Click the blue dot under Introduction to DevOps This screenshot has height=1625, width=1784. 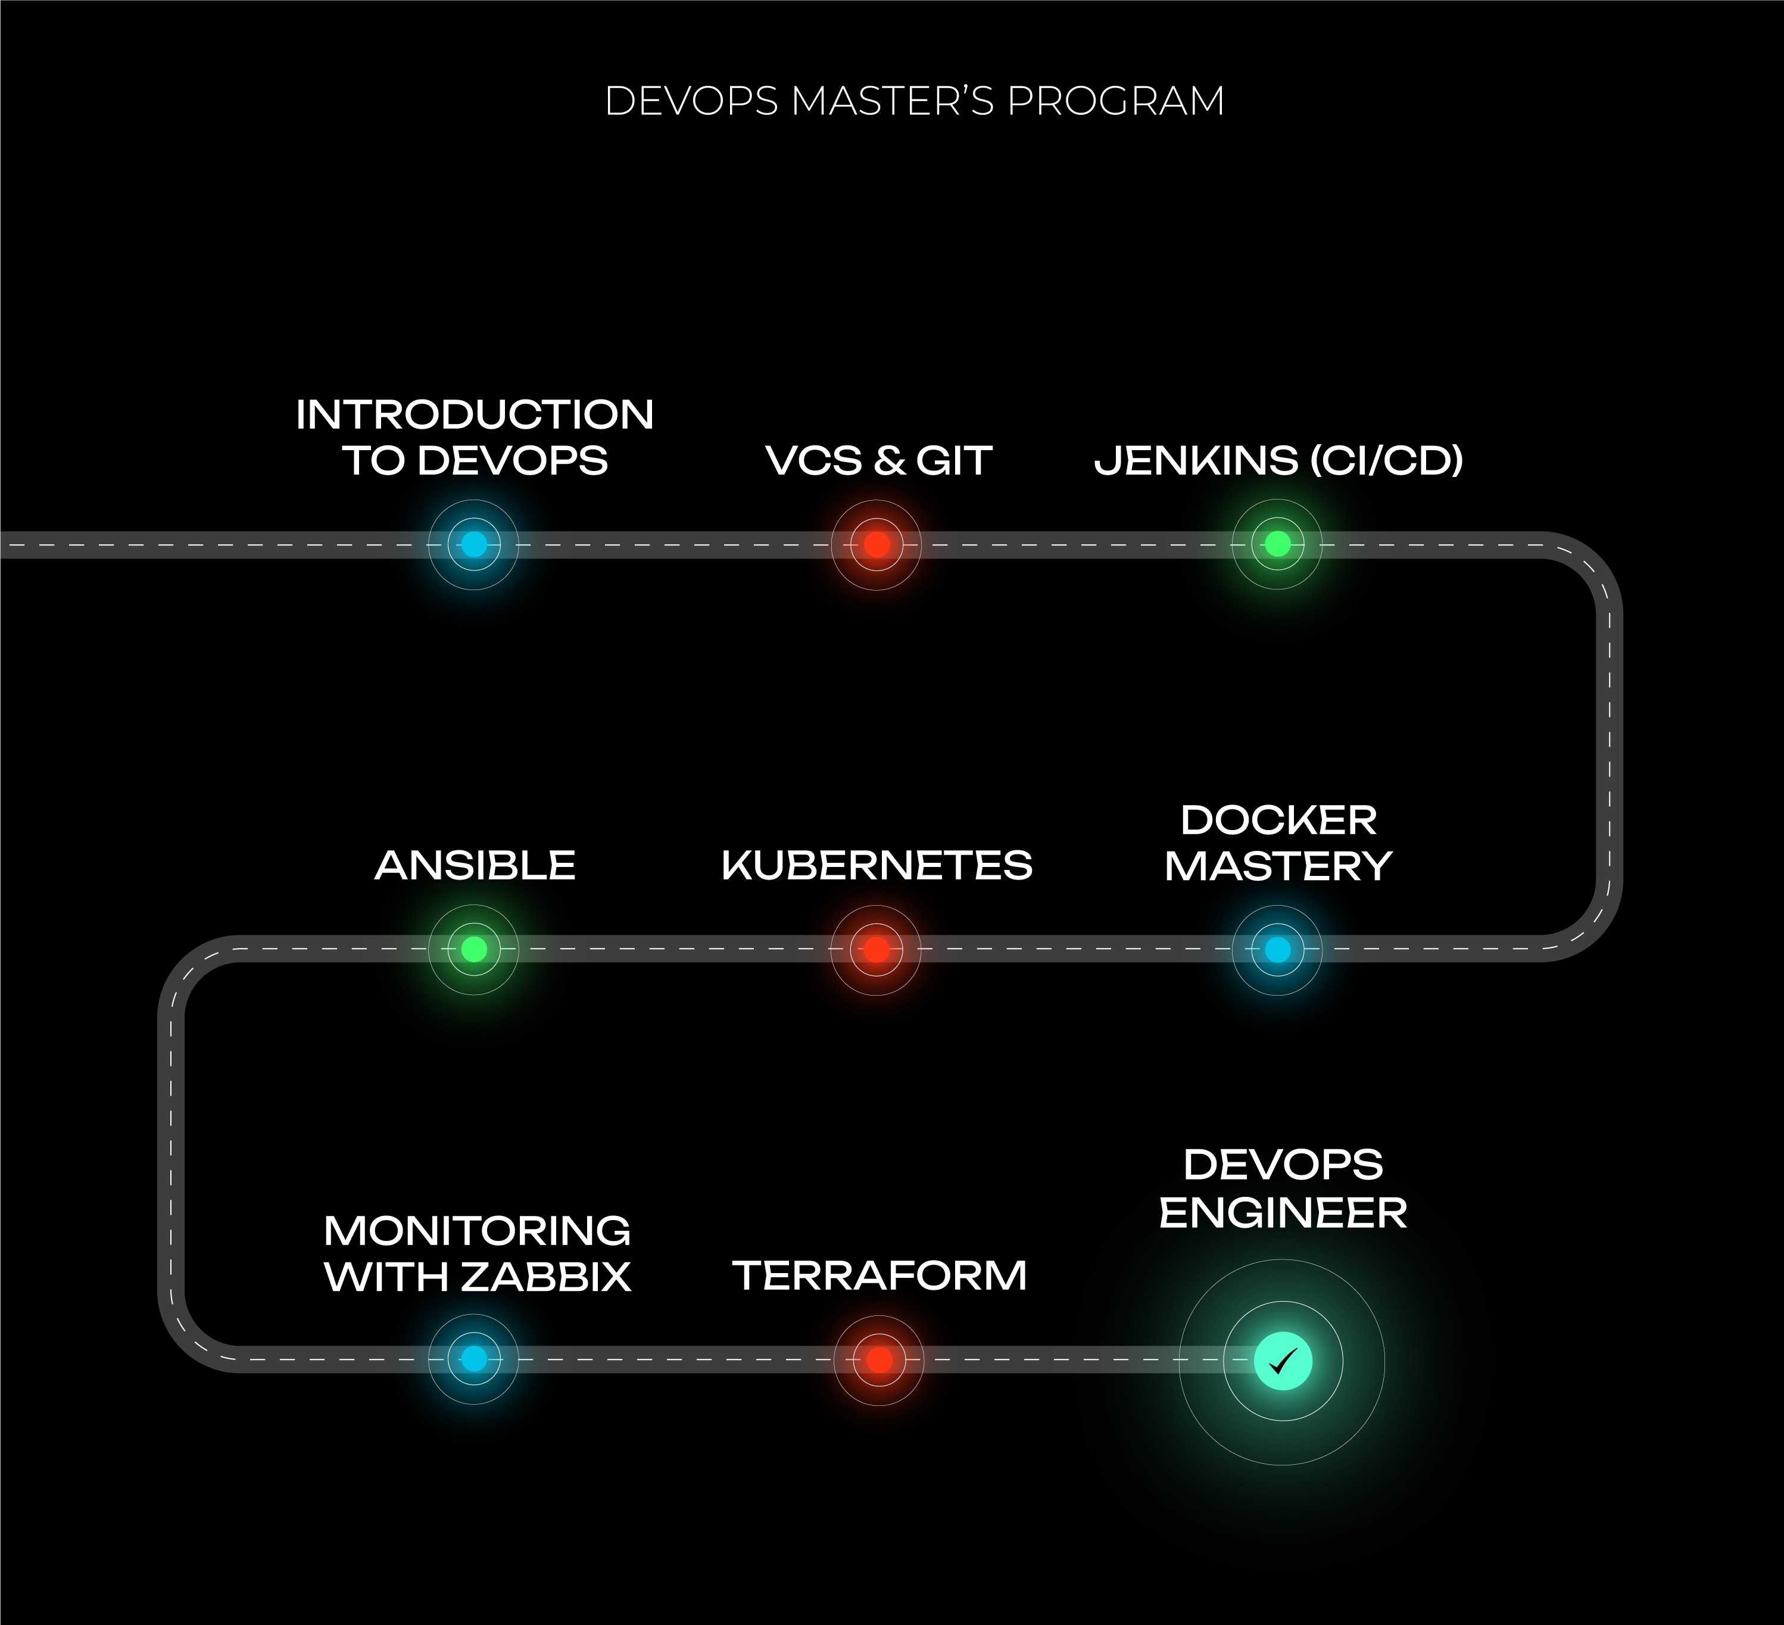coord(475,544)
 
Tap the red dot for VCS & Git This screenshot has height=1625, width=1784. coord(876,544)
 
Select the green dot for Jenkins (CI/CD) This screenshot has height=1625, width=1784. coord(1277,544)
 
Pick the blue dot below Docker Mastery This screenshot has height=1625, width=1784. coord(1277,950)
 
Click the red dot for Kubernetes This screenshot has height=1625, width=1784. coord(876,950)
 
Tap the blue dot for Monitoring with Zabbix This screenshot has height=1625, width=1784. coord(475,1359)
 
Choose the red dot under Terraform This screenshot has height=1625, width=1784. coord(879,1359)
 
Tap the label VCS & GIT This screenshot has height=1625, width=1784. coord(879,461)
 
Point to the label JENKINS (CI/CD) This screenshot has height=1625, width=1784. coord(1278,461)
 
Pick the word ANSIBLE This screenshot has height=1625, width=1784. coord(475,866)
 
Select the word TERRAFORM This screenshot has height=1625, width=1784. coord(879,1275)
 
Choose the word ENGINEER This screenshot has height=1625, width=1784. coord(1283,1212)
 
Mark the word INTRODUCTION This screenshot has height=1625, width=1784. coord(475,415)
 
